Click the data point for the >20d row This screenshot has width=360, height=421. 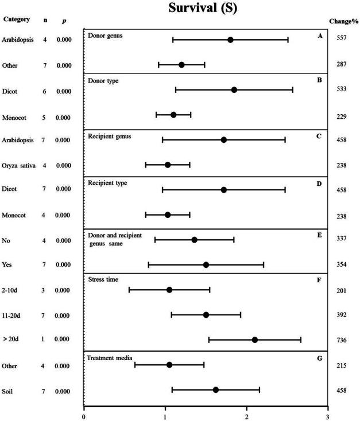coord(255,340)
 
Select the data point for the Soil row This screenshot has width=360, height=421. coord(216,390)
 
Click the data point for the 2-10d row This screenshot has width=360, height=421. coord(169,290)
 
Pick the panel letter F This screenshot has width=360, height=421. coord(319,280)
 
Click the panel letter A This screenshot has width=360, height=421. coord(319,35)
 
